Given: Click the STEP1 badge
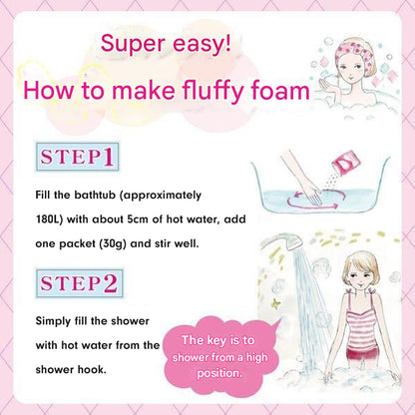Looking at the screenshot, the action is coord(77,157).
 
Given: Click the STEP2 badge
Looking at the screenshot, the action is coord(80,283).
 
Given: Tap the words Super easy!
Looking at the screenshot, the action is coord(166,44).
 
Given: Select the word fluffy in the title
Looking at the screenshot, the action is coord(214,92).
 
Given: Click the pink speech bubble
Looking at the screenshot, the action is coord(221,356).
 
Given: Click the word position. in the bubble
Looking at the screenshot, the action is coord(219,373).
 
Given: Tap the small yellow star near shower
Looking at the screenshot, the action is coord(275,303).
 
